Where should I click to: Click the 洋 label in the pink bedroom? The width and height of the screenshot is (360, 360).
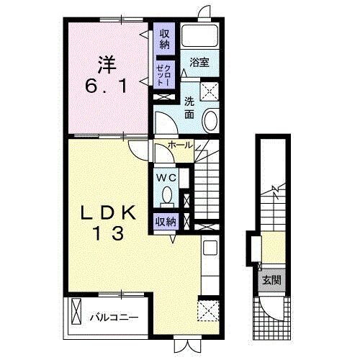point(107,65)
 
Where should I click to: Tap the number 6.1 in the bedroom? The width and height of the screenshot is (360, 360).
point(106,86)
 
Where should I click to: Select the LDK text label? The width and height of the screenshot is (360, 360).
point(108,213)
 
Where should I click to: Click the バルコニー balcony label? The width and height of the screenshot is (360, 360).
point(114,318)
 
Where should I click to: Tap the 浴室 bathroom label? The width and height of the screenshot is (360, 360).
point(199,63)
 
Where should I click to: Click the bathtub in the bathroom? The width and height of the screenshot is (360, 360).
point(199,35)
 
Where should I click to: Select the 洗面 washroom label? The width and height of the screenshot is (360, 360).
point(189,108)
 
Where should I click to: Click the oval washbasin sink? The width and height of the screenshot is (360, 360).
point(211,120)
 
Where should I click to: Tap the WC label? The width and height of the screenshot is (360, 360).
point(166,178)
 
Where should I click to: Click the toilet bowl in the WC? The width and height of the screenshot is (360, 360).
point(167,195)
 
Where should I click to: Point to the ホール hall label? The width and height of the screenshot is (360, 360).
point(180,145)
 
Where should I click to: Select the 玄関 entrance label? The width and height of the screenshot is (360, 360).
point(271,280)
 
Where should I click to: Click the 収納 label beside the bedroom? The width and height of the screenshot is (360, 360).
point(165,39)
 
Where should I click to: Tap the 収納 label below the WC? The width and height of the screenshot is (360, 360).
point(166,222)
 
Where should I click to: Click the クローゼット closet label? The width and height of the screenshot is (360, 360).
point(164,75)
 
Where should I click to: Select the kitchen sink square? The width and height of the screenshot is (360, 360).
point(210,248)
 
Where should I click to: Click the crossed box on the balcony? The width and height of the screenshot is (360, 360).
point(76,311)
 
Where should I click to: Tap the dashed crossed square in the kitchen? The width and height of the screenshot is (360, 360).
point(208,310)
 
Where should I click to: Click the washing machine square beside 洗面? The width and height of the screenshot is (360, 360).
point(210,91)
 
